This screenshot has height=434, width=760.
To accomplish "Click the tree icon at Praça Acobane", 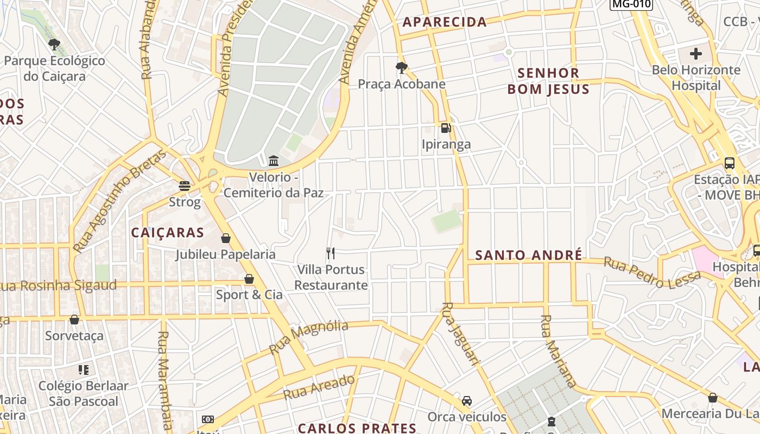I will click(402, 67).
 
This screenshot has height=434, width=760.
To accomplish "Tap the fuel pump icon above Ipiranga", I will click(446, 128).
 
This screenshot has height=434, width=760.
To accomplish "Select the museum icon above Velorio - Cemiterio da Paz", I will click(274, 161).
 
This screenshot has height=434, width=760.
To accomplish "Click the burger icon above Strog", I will click(185, 186).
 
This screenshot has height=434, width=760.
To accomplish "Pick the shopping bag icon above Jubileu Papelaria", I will click(226, 238).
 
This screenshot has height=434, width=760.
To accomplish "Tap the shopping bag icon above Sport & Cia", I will click(249, 279).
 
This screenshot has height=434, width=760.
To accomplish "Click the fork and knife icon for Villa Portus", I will click(331, 253).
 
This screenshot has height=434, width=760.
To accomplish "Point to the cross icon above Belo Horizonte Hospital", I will click(696, 54).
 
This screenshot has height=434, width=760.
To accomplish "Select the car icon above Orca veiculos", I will click(467, 401).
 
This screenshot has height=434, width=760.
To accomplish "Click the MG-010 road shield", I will click(631, 4).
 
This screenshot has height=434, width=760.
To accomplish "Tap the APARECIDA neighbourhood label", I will click(445, 22).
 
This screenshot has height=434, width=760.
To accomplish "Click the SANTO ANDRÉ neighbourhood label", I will click(529, 255).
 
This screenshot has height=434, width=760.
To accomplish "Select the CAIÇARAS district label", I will click(168, 233).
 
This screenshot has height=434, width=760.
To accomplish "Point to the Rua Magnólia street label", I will click(308, 337).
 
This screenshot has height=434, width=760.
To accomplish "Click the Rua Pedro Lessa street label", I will click(652, 272).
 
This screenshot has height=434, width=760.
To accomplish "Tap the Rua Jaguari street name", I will click(461, 333).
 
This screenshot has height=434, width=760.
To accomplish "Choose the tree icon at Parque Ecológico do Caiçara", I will click(54, 44).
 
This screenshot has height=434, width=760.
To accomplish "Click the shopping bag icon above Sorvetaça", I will click(74, 320).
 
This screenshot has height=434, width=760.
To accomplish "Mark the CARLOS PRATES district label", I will click(357, 428).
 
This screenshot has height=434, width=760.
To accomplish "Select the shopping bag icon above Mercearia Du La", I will click(713, 398).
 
